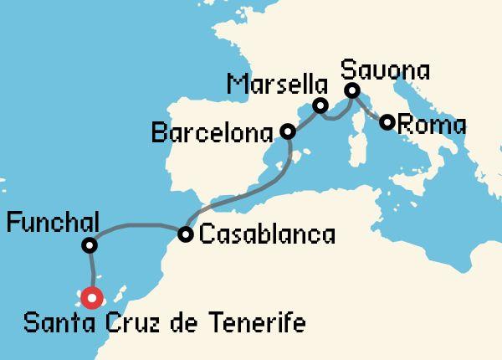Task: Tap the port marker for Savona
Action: tap(352, 90)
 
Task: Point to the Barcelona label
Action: tap(213, 132)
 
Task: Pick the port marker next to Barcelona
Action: tap(288, 131)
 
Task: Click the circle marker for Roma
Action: tap(387, 122)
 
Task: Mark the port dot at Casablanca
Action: tap(185, 234)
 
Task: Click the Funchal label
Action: tap(52, 224)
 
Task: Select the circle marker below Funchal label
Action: tap(89, 246)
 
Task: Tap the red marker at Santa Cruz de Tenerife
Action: tap(90, 297)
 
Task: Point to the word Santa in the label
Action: tap(56, 323)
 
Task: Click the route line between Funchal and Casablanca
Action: tap(138, 224)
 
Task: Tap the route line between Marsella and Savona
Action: tap(335, 116)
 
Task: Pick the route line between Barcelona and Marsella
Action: tap(303, 119)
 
